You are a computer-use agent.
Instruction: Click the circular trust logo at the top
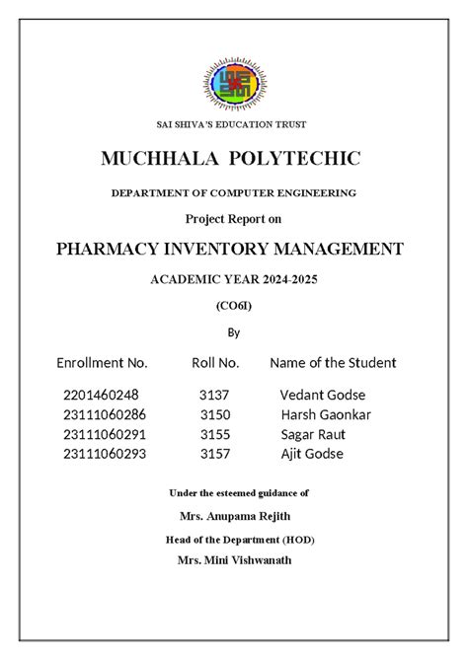[x=234, y=84]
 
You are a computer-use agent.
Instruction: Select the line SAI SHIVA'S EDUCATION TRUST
[x=233, y=124]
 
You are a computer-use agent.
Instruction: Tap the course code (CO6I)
[x=234, y=306]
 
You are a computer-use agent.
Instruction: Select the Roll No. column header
[x=215, y=363]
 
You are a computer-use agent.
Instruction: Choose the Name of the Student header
[x=333, y=363]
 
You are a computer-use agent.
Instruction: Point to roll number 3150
[x=214, y=414]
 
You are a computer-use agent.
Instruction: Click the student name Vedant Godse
[x=323, y=396]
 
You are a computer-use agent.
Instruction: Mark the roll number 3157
[x=214, y=454]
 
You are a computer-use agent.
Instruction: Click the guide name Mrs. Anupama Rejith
[x=235, y=516]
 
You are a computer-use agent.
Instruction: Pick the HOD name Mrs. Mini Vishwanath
[x=235, y=560]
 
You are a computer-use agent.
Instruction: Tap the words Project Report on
[x=234, y=218]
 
